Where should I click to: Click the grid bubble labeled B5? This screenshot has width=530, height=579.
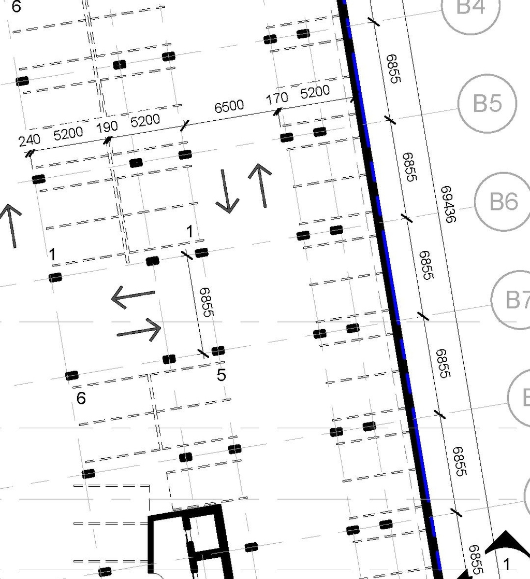488,103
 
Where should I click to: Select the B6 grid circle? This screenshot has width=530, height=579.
503,201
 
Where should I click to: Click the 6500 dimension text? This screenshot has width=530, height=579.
229,106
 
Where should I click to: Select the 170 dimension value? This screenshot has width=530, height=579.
277,98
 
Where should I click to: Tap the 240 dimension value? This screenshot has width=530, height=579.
29,140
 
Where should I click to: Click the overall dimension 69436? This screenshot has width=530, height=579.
448,204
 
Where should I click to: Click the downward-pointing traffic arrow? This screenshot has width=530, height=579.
226,191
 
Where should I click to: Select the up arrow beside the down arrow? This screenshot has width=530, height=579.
260,185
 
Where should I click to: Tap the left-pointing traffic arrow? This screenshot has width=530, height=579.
132,297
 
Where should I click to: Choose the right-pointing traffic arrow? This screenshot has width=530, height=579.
139,330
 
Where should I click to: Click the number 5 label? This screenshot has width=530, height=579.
222,375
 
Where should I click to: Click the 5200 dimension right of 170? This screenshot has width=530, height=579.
315,92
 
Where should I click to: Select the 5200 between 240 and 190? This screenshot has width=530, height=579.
68,134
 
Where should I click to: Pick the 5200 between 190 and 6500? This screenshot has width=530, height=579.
145,121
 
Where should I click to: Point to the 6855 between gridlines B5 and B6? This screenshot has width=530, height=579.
409,167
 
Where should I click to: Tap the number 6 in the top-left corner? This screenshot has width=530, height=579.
16,7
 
